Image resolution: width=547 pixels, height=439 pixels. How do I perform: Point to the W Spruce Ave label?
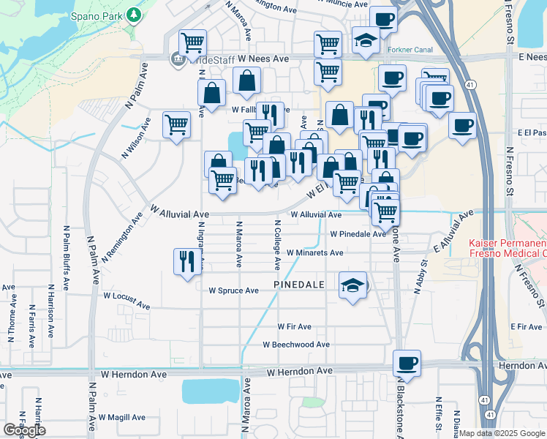233,290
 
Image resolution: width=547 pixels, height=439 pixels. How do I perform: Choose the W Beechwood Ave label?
296,344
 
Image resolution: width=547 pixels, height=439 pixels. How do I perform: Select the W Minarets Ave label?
314,252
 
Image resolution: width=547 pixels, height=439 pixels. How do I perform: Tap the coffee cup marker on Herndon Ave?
407,363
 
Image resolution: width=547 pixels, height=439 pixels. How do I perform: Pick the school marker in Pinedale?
353,285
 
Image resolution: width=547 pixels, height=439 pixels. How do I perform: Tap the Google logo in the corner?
24,430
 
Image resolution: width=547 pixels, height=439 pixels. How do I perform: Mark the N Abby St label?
420,277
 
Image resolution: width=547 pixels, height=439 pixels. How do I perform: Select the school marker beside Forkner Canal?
366,40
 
